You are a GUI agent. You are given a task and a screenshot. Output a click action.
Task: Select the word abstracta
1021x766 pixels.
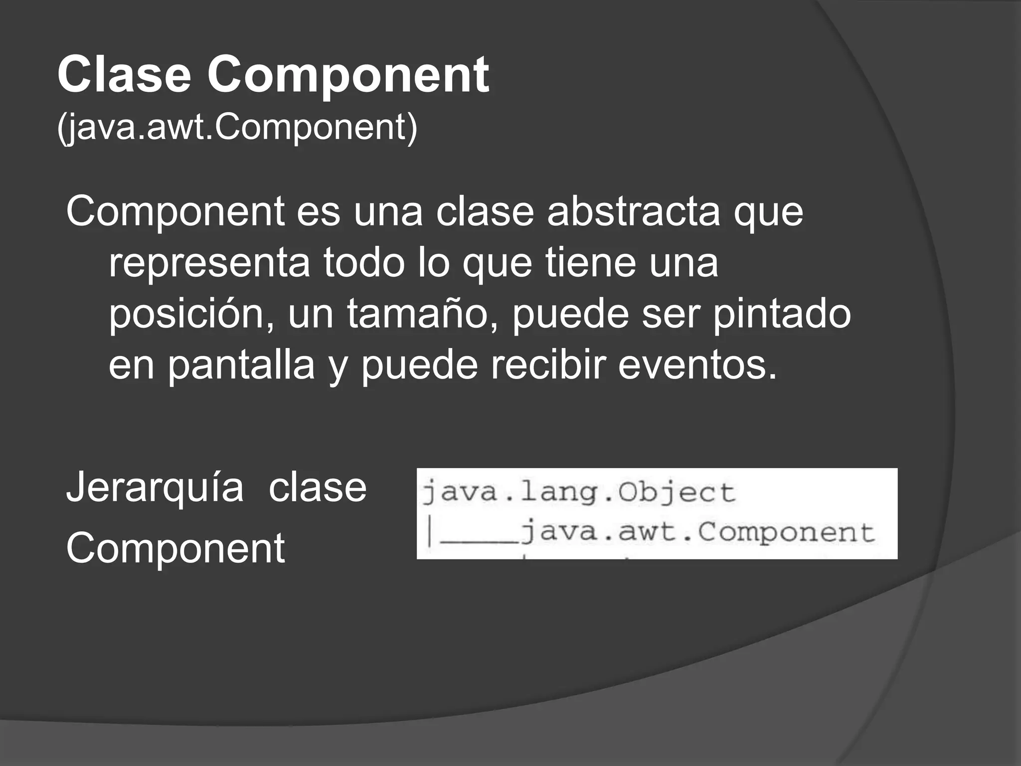coord(633,211)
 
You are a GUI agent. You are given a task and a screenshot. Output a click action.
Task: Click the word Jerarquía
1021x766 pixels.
coord(155,488)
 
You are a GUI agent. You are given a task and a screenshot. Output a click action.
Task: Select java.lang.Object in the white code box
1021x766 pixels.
coord(579,493)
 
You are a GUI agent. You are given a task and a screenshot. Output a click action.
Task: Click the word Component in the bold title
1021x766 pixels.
coord(348,75)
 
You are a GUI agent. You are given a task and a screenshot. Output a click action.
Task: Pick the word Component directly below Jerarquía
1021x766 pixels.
coord(175,548)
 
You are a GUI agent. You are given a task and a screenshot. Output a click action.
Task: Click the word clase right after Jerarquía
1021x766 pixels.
coord(318,488)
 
